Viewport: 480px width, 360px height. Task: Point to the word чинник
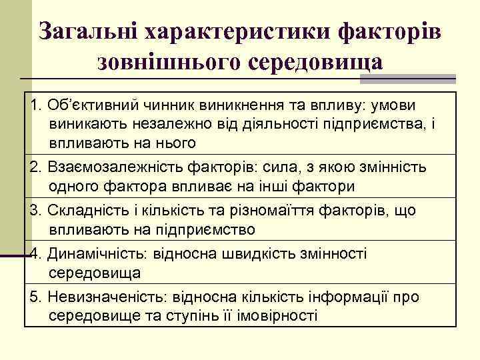click(159, 105)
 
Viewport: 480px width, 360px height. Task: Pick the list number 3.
click(35, 211)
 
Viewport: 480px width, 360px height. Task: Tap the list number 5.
click(35, 297)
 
